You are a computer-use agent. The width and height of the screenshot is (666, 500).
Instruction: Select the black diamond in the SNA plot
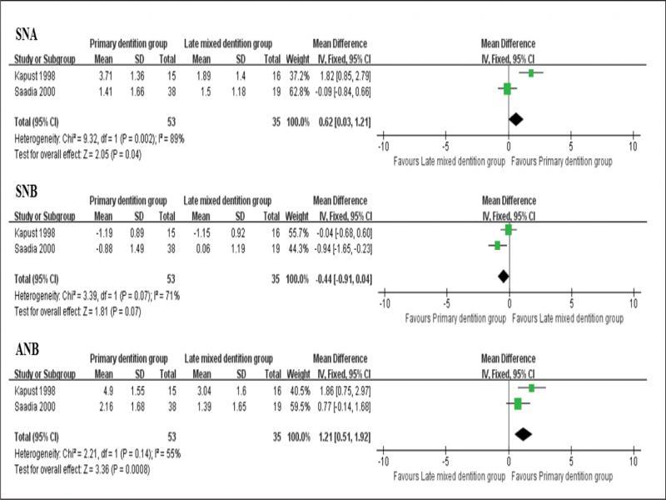(516, 120)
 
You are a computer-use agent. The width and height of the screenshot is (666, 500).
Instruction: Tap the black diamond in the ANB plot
(523, 434)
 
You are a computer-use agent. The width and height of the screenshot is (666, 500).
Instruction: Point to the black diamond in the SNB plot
(503, 275)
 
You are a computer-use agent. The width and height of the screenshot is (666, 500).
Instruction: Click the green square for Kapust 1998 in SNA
(531, 73)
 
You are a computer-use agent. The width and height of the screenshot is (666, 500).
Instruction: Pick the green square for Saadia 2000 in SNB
(497, 245)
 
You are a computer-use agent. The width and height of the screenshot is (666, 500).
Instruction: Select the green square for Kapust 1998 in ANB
(531, 387)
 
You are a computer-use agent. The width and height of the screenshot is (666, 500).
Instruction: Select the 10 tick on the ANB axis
(634, 460)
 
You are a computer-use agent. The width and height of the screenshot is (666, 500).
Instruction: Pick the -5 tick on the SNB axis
(446, 302)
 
